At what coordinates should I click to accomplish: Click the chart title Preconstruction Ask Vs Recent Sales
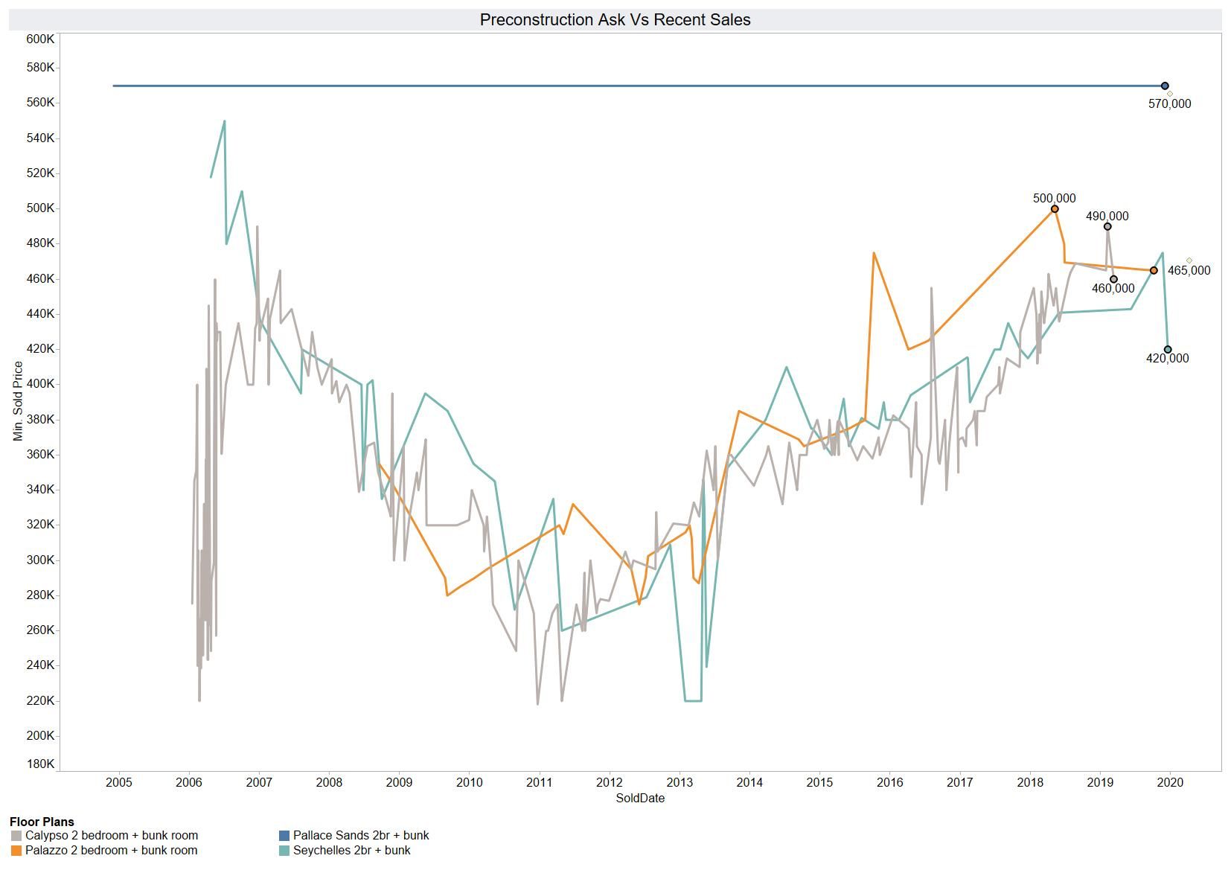(x=615, y=20)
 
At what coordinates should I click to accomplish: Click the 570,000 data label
(x=1169, y=104)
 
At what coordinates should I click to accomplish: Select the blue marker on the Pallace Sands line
(x=1165, y=86)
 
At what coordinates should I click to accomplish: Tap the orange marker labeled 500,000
(x=1055, y=209)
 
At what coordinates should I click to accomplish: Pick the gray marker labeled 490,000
(x=1107, y=227)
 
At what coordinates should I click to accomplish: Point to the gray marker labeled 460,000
(x=1113, y=280)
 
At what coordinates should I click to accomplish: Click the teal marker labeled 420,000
(x=1168, y=350)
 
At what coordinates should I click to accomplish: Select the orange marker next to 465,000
(x=1154, y=271)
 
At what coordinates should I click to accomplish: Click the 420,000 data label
(x=1167, y=359)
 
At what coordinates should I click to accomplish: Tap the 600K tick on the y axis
(x=40, y=39)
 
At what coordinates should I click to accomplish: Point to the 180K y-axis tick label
(x=40, y=764)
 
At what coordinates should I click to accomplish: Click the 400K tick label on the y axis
(x=40, y=384)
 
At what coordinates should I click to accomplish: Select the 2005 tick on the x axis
(x=119, y=782)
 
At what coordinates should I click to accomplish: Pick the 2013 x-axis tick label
(x=680, y=782)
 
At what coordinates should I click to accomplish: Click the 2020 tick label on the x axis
(x=1171, y=782)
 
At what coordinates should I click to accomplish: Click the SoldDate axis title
(x=640, y=799)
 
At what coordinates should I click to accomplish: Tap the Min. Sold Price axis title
(x=18, y=401)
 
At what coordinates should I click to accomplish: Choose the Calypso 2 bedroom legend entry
(x=111, y=836)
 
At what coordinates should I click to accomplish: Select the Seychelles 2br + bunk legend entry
(x=351, y=851)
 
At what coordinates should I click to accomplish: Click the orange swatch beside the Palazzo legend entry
(x=16, y=851)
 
